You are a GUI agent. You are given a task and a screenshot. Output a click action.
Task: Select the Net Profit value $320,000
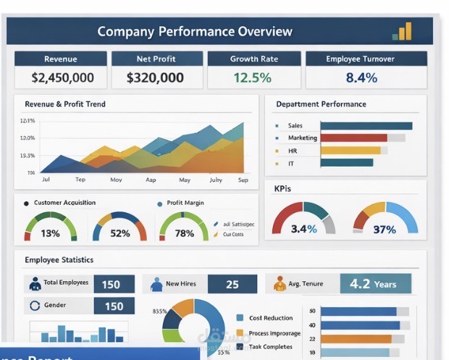click(x=155, y=77)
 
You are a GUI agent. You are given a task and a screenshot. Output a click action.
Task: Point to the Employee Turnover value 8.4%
click(x=361, y=77)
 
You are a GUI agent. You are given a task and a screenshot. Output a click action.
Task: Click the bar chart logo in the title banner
click(x=402, y=31)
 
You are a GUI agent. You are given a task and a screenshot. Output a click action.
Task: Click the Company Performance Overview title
click(x=195, y=31)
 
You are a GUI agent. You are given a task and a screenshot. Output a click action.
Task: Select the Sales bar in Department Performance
click(x=366, y=125)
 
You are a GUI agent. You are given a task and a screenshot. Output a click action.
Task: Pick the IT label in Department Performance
click(x=291, y=163)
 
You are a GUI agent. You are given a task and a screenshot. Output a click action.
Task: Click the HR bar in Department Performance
click(x=350, y=151)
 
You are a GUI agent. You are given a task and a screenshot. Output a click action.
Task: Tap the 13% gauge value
click(x=51, y=233)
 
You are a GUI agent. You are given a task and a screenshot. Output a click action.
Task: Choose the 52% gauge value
click(x=119, y=233)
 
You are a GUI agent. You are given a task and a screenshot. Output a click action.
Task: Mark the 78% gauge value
click(x=184, y=233)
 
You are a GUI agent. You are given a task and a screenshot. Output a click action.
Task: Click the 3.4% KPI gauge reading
click(x=303, y=229)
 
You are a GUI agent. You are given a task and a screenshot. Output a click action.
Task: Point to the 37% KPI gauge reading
click(x=384, y=229)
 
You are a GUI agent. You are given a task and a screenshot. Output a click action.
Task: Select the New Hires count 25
click(x=232, y=284)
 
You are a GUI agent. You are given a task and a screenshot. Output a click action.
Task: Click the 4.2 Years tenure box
click(x=375, y=284)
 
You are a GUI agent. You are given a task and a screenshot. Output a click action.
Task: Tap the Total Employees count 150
click(x=111, y=284)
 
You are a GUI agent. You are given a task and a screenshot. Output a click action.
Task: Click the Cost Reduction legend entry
click(x=270, y=317)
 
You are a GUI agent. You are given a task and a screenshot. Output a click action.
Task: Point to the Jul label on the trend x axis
click(x=46, y=179)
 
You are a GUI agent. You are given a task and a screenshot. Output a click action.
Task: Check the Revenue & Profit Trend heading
click(x=65, y=104)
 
